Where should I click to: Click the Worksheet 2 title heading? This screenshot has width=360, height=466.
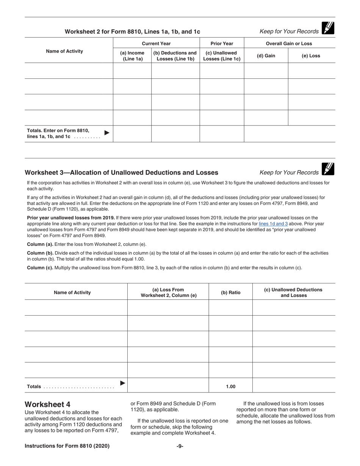click(x=132, y=32)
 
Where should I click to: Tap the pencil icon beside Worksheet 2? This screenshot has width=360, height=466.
click(x=328, y=28)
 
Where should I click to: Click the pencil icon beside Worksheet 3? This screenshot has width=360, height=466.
click(x=328, y=169)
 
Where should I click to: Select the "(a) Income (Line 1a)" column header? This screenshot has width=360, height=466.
click(x=132, y=56)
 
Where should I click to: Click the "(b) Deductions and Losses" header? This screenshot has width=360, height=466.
click(x=175, y=56)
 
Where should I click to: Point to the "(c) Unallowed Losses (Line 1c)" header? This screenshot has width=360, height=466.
click(x=222, y=56)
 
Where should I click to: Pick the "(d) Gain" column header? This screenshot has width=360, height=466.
click(x=266, y=56)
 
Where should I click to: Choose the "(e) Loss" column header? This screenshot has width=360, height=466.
click(x=311, y=56)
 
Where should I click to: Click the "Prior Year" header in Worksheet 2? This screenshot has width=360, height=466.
click(x=222, y=44)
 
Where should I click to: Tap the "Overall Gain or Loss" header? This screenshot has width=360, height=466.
click(x=289, y=44)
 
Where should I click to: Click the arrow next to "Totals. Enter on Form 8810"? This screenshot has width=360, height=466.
click(x=107, y=133)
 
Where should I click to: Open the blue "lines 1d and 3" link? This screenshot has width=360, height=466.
click(x=273, y=224)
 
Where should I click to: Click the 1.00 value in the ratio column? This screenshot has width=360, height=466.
click(x=230, y=386)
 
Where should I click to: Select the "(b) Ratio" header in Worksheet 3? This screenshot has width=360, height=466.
click(x=230, y=292)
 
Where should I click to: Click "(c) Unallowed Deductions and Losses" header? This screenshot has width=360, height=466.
click(x=293, y=292)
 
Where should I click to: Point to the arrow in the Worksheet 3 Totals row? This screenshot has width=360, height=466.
click(x=122, y=383)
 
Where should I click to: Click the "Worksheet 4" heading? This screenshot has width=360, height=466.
click(x=47, y=404)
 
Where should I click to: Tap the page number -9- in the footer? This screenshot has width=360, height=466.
click(x=180, y=446)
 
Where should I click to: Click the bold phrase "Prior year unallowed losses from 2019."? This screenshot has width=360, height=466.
click(x=71, y=218)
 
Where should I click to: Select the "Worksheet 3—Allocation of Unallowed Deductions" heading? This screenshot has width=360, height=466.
click(x=121, y=173)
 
